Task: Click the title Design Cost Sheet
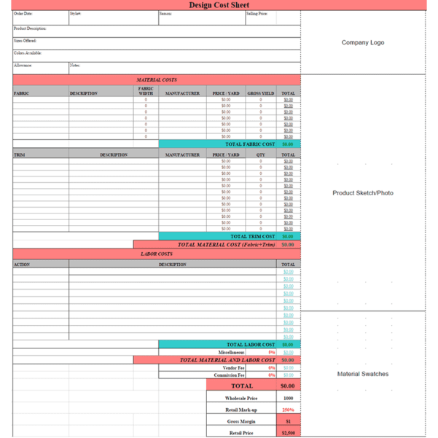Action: tap(219, 5)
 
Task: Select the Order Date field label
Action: tap(23, 14)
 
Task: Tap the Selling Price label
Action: tap(257, 14)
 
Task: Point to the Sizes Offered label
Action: tap(26, 41)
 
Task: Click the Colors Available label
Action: tap(28, 53)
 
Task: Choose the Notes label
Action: tap(75, 66)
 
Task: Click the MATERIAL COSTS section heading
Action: tap(156, 79)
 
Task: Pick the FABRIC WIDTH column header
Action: tap(146, 91)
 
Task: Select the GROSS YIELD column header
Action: tap(260, 93)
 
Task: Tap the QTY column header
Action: tap(260, 155)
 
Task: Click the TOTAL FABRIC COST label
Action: tap(249, 144)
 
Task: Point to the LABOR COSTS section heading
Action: tap(156, 254)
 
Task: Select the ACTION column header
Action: tap(22, 265)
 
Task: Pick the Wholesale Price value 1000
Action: tap(288, 399)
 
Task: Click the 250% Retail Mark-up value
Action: tap(288, 410)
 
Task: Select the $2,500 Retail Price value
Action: tap(288, 433)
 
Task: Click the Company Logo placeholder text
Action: tap(362, 42)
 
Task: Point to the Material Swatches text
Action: tap(362, 374)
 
